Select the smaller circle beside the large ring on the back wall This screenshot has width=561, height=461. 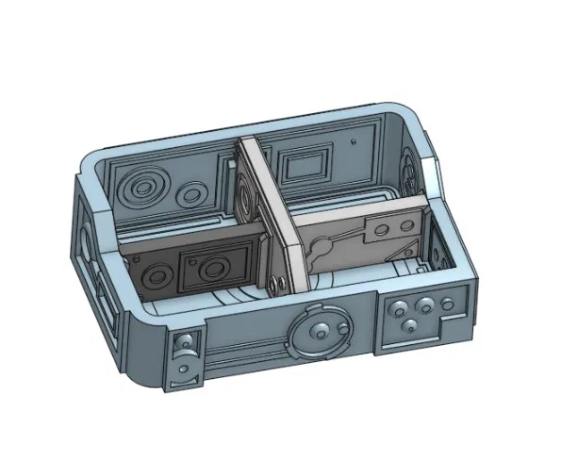tap(191, 194)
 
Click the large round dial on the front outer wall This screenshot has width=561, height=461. tap(320, 334)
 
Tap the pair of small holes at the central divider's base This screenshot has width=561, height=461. tap(274, 283)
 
